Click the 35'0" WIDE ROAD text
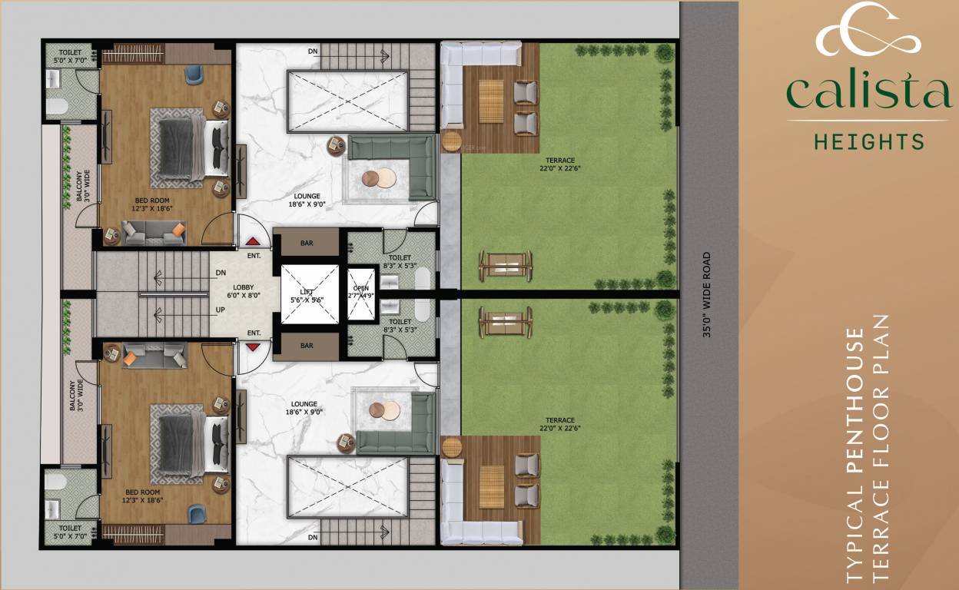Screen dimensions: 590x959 [x=707, y=295]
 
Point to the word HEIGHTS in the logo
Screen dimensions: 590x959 [x=868, y=141]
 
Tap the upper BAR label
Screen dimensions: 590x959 [x=307, y=244]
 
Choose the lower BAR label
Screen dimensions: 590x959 [x=307, y=346]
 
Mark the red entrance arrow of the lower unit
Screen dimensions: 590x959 [x=251, y=348]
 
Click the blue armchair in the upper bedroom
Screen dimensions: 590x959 [x=192, y=75]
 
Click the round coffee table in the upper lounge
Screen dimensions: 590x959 [x=377, y=177]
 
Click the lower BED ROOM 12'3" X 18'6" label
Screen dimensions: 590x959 [x=143, y=496]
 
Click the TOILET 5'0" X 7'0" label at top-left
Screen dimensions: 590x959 [x=70, y=57]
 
